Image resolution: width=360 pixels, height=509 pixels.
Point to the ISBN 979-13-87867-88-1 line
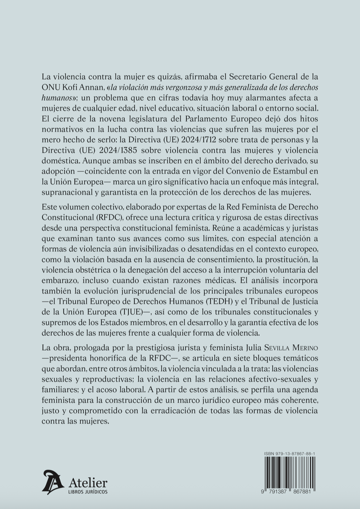pyautogui.click(x=290, y=454)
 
